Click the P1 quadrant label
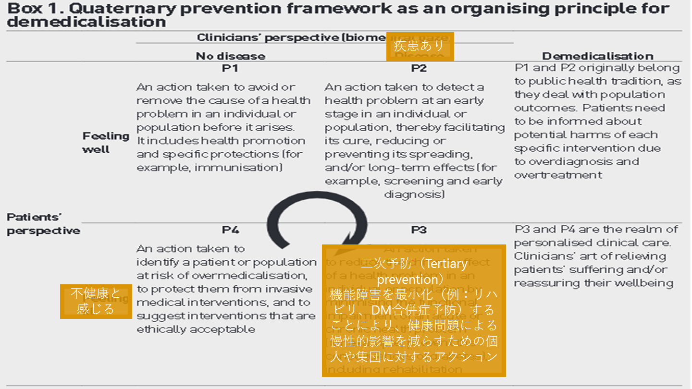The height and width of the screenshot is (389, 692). click(x=230, y=68)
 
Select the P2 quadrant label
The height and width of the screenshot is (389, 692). click(x=419, y=68)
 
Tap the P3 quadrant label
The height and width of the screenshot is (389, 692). click(x=419, y=230)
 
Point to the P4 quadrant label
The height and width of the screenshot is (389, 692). click(x=230, y=230)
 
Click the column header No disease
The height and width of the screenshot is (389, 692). click(x=230, y=56)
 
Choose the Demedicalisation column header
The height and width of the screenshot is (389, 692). click(x=597, y=56)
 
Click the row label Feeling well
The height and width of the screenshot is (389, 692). click(x=99, y=143)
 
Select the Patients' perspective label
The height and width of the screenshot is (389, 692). click(x=43, y=224)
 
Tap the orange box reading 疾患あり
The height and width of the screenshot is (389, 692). click(x=420, y=47)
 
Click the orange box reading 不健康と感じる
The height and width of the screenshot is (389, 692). click(x=96, y=301)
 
